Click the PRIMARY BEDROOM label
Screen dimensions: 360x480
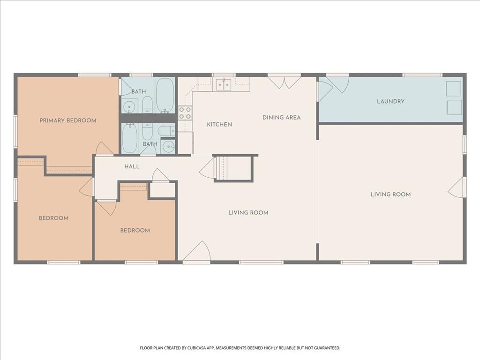coord(68,120)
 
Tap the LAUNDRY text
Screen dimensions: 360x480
coord(390,101)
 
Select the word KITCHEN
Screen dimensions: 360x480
coord(219,124)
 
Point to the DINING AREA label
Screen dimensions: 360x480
coord(281,117)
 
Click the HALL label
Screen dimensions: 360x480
coord(132,166)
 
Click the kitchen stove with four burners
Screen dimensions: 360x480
coord(185,113)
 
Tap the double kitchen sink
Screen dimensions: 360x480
coord(224,84)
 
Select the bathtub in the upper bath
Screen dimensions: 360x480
coord(165,95)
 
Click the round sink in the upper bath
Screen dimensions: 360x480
coord(130,107)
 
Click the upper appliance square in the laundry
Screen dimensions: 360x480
coord(453,88)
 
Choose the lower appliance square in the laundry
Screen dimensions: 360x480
coord(453,107)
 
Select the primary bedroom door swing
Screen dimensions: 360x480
coord(104,149)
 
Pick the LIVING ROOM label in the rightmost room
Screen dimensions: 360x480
coord(390,195)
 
